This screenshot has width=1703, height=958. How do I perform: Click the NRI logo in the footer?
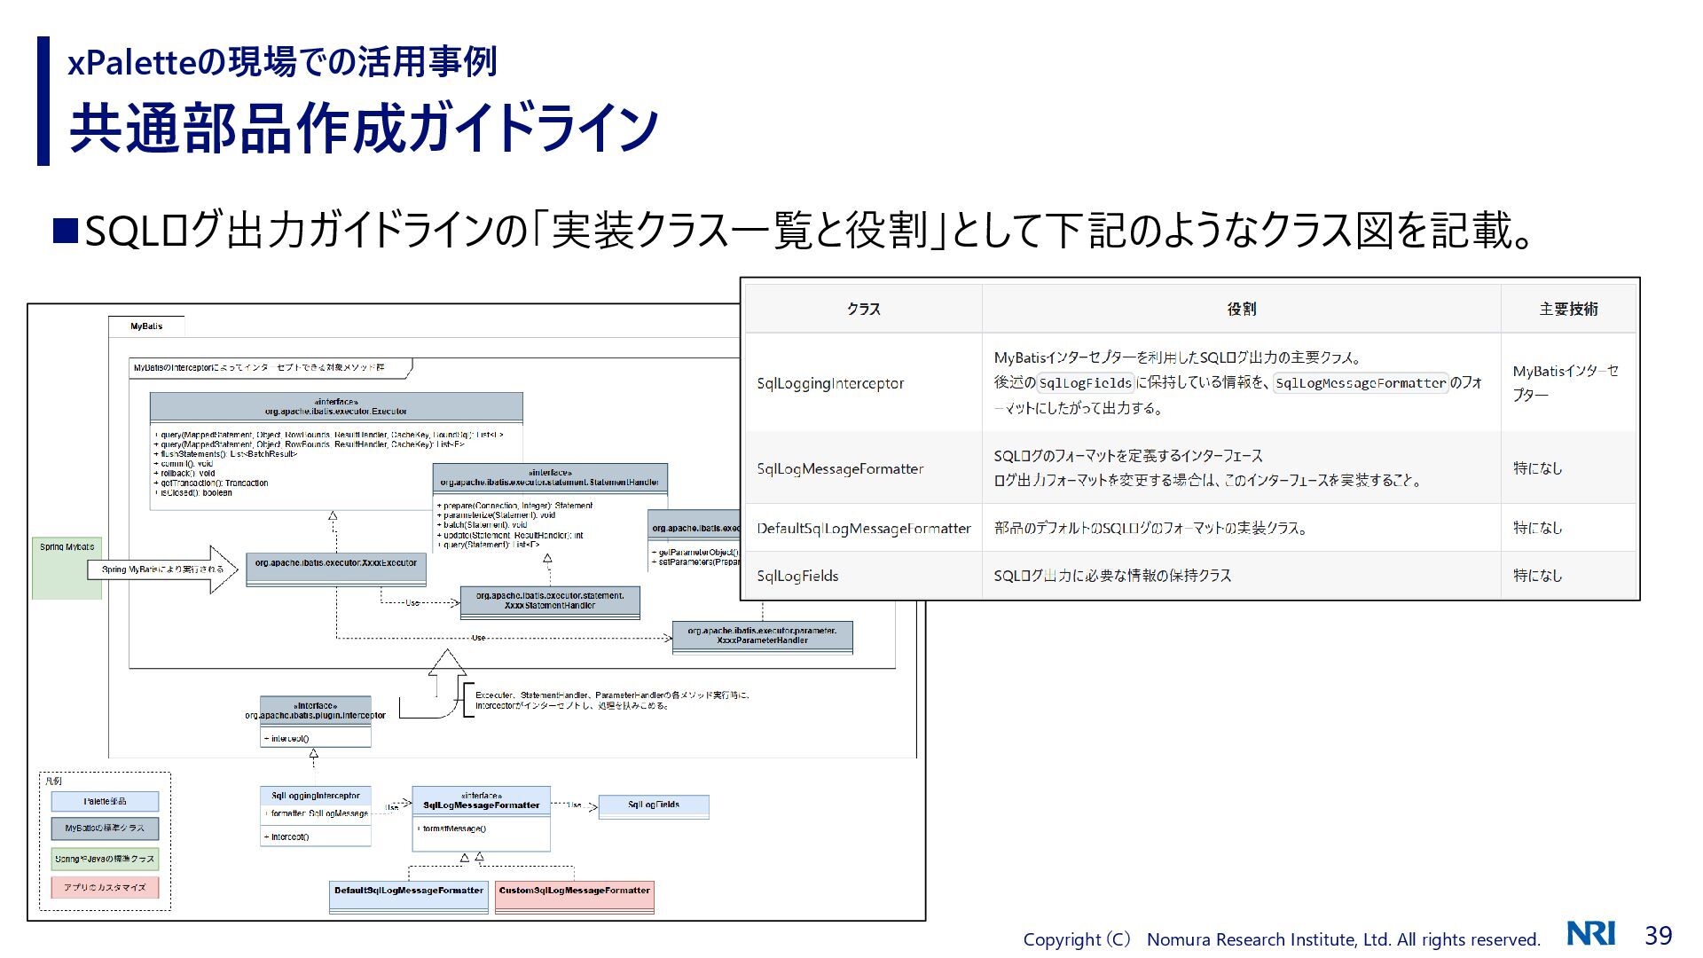(1590, 934)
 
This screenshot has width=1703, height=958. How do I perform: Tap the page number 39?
(1658, 935)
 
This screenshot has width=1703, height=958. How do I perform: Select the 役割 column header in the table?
(1241, 309)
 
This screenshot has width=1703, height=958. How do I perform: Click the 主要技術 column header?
(1568, 309)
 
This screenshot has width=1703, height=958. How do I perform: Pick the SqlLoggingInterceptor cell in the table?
(830, 383)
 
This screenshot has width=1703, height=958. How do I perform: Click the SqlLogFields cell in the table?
(797, 576)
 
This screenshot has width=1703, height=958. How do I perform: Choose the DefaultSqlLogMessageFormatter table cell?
(863, 529)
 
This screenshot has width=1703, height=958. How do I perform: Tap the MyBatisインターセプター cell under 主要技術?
(1566, 383)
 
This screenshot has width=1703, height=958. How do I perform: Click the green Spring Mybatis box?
(67, 568)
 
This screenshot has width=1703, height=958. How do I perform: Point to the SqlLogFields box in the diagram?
(654, 806)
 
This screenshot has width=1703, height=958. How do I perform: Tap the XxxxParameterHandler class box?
(762, 636)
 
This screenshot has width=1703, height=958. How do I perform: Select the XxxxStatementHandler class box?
(550, 601)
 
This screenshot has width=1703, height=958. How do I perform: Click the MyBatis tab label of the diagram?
(146, 326)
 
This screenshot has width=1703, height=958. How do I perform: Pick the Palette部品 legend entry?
(105, 802)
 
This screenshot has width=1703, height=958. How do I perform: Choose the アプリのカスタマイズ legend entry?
(105, 887)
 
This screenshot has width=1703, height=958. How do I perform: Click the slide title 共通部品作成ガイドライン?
(364, 130)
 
